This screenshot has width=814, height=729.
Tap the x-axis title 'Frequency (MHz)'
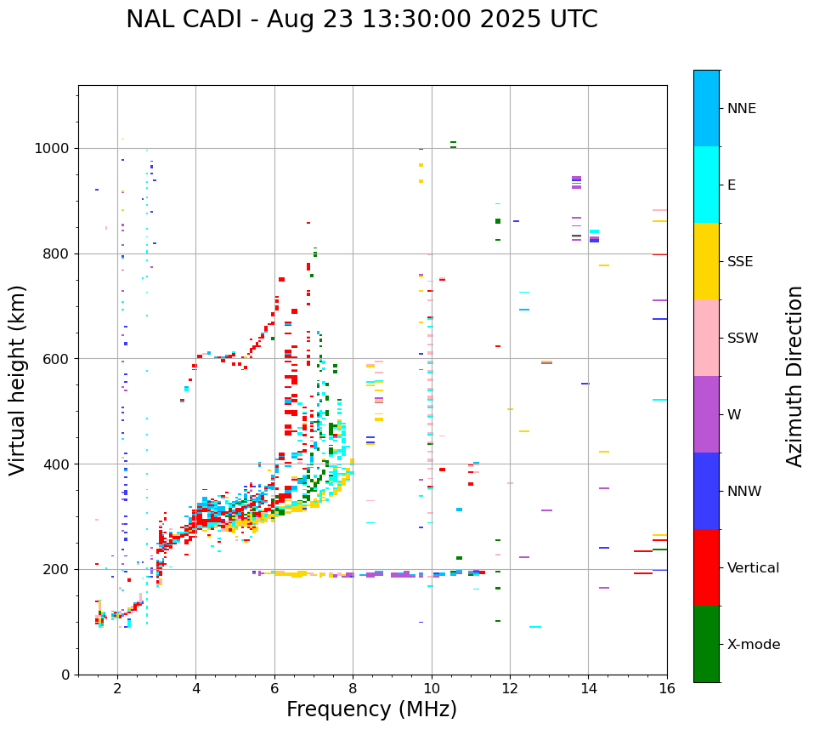371,709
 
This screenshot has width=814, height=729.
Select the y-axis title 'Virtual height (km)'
18,380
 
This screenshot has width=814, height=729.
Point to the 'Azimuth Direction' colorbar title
794,376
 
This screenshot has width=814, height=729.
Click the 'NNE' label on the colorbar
741,109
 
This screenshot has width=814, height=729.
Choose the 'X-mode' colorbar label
753,645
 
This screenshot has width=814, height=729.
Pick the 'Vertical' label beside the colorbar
753,568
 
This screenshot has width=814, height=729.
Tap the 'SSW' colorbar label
742,339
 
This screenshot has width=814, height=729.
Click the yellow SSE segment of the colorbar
706,261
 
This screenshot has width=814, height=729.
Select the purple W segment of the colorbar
706,414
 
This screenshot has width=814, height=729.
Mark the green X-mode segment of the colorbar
706,644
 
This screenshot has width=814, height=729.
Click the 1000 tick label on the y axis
54,149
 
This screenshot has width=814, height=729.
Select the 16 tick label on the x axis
666,689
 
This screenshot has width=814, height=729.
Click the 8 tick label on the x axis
353,689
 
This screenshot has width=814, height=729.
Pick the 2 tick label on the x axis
117,689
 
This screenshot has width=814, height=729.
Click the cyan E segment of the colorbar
706,185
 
